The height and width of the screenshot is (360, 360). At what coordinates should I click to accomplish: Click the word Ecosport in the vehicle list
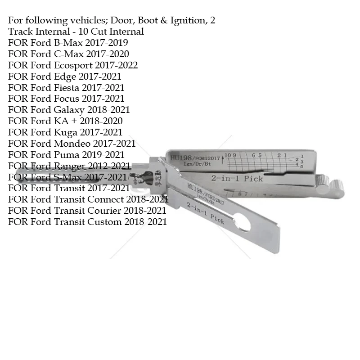pyautogui.click(x=72, y=65)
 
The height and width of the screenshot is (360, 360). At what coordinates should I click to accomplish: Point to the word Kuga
pyautogui.click(x=66, y=132)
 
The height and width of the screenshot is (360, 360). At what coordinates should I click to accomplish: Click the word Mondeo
pyautogui.click(x=72, y=144)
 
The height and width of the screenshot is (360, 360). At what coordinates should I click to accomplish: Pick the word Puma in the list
pyautogui.click(x=67, y=154)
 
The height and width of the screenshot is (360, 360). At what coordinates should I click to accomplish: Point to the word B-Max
pyautogui.click(x=68, y=43)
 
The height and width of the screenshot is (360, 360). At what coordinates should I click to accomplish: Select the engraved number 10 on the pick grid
pyautogui.click(x=230, y=155)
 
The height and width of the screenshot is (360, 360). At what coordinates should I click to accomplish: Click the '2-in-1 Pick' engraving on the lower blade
pyautogui.click(x=205, y=214)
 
